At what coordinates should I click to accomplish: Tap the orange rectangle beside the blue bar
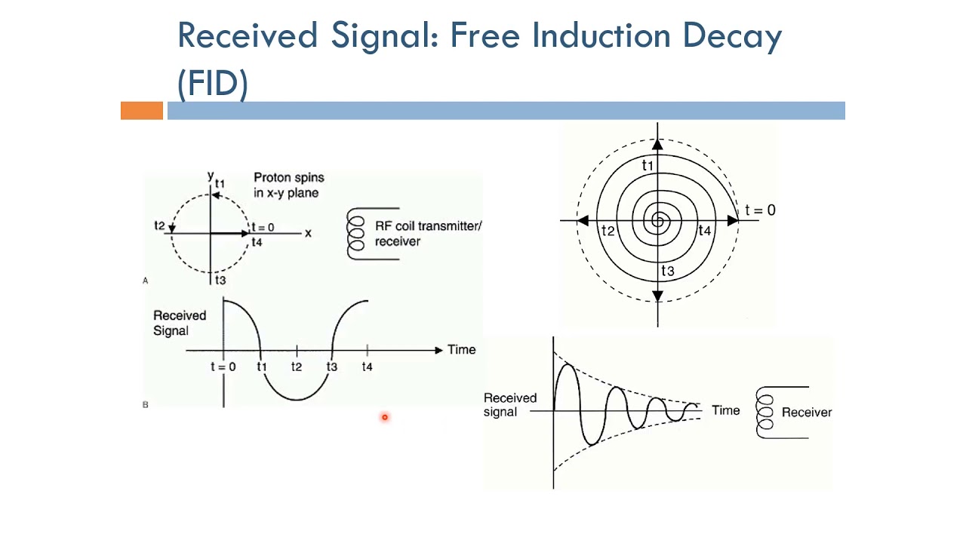click(x=142, y=111)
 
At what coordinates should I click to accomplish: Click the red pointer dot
click(x=384, y=417)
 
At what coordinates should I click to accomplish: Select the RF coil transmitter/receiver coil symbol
click(x=355, y=234)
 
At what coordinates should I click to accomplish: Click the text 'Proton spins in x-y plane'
click(x=288, y=185)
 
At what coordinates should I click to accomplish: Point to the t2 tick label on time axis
click(x=297, y=367)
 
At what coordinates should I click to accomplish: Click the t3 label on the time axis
click(x=331, y=367)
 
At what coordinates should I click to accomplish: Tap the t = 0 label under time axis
click(x=223, y=367)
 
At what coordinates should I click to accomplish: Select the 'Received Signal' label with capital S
click(x=180, y=323)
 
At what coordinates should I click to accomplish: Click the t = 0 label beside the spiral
click(x=760, y=210)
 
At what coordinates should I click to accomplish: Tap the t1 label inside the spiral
click(x=648, y=165)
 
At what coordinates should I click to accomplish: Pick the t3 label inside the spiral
click(x=668, y=271)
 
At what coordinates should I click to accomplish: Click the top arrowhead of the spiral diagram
click(x=657, y=143)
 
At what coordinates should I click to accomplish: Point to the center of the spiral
click(x=658, y=221)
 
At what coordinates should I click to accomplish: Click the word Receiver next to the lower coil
click(x=807, y=413)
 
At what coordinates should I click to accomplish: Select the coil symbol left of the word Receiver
click(x=765, y=413)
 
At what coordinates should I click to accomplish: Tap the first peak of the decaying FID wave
click(x=567, y=367)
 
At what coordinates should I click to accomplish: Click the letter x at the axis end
click(x=308, y=233)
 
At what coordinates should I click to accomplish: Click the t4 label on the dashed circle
click(x=257, y=242)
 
